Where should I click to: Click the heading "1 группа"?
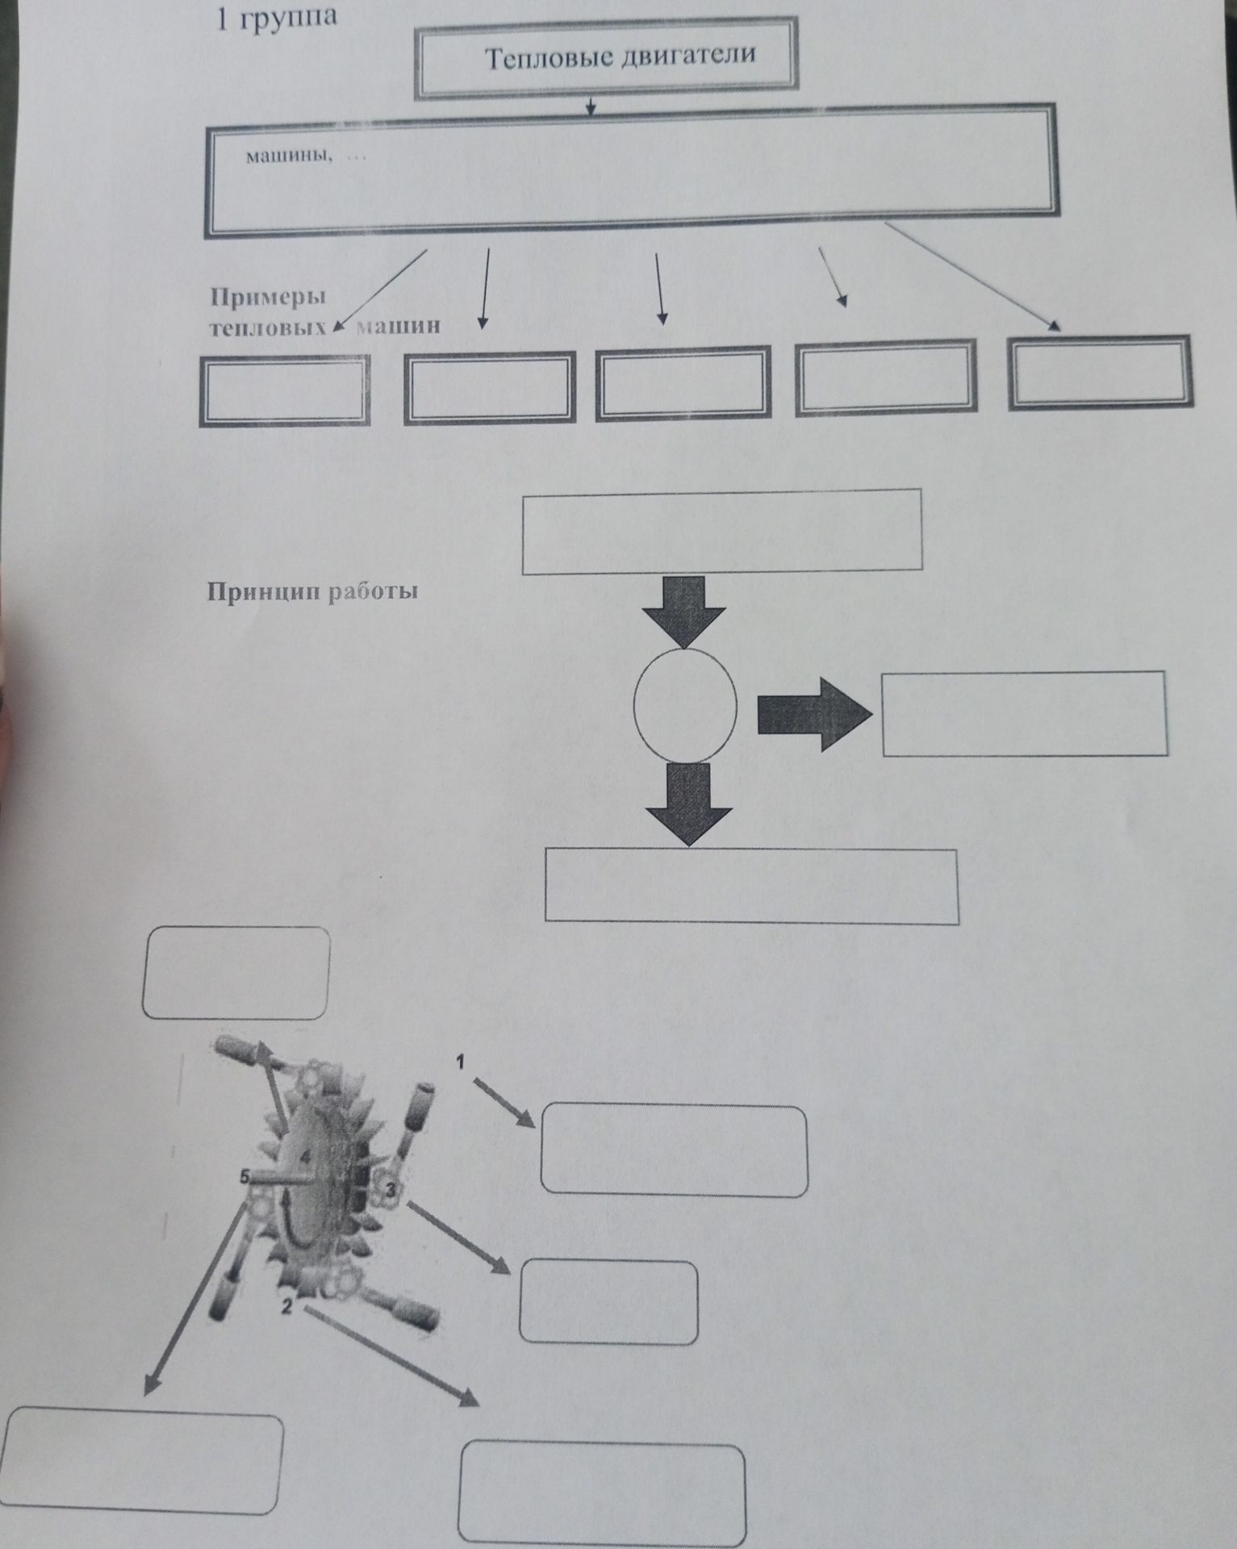coord(274,18)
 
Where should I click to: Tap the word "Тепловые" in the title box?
coord(545,58)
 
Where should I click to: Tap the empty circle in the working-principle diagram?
coord(685,704)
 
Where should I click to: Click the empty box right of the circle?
coord(1025,713)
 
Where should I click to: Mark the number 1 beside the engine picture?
coord(461,1063)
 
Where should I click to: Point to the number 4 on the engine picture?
coord(306,1157)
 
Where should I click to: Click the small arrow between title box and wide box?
coord(591,106)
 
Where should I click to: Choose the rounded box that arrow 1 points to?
coord(674,1150)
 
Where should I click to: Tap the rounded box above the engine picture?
coord(236,973)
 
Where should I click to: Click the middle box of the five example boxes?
coord(682,384)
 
